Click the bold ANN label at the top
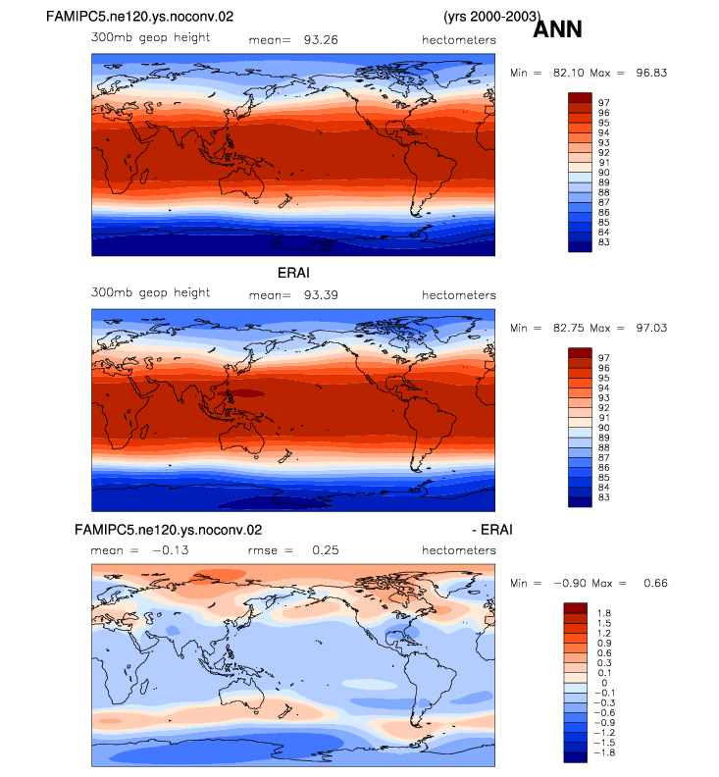[557, 29]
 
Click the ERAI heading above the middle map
[293, 273]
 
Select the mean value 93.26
[321, 40]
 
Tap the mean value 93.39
[321, 295]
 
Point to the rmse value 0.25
[326, 550]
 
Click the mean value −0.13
[171, 550]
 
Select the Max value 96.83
[651, 73]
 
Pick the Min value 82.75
[569, 328]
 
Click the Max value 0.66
[655, 584]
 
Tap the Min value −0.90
[570, 584]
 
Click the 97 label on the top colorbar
[603, 103]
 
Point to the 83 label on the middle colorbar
[603, 497]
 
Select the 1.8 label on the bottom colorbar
[604, 613]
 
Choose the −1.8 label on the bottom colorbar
[604, 752]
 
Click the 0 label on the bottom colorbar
[604, 683]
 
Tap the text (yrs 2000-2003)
[492, 17]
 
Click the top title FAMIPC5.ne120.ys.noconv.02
[139, 17]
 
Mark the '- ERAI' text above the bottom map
[492, 530]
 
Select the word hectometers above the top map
[459, 40]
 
